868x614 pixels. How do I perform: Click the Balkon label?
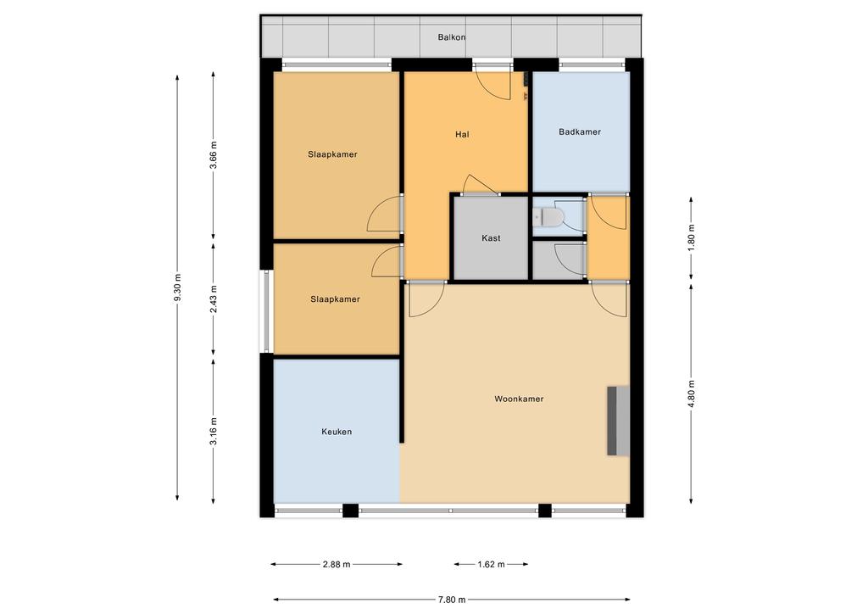[451, 37]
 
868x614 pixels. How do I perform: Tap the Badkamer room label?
[580, 131]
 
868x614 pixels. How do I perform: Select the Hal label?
[462, 134]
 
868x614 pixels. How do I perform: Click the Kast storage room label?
[491, 238]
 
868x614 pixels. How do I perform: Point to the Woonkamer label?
[519, 399]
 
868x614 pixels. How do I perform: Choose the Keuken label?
[337, 432]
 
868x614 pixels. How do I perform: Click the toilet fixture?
[548, 216]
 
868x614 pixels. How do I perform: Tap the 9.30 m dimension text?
[177, 287]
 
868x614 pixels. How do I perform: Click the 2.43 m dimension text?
[214, 299]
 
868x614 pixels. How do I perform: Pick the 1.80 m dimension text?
[691, 237]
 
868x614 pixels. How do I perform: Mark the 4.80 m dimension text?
[691, 394]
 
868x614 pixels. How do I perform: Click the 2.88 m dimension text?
[337, 564]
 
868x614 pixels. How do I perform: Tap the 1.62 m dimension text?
[491, 564]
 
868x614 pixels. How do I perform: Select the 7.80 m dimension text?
[452, 599]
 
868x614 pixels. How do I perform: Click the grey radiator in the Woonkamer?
[618, 421]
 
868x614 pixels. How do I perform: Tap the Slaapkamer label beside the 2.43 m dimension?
[335, 299]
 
